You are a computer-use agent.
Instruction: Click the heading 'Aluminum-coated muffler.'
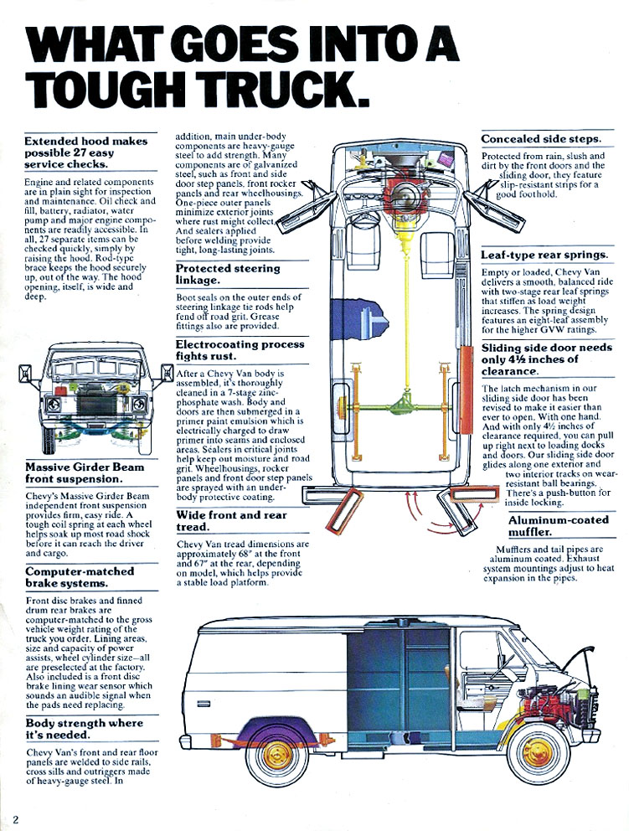(559, 526)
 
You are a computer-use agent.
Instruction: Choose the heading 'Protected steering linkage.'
(227, 274)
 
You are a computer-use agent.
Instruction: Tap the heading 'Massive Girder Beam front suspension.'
(85, 472)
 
